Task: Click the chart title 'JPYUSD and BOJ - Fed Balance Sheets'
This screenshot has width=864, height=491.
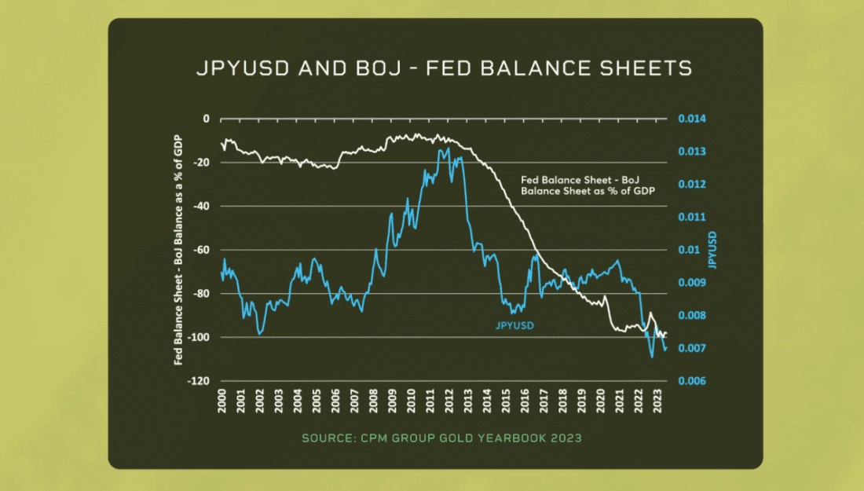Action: (x=444, y=69)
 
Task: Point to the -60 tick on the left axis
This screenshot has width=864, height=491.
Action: (x=204, y=250)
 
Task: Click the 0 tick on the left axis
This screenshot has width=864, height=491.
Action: (x=207, y=119)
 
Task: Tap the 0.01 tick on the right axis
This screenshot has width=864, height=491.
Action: (x=688, y=250)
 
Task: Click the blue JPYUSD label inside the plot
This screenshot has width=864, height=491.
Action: (x=514, y=325)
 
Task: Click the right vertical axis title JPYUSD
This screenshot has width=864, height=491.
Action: (x=712, y=250)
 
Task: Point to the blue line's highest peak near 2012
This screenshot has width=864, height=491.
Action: (x=448, y=148)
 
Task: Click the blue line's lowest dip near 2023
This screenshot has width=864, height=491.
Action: (x=652, y=357)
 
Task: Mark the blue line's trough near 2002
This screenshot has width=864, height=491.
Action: (x=259, y=334)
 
